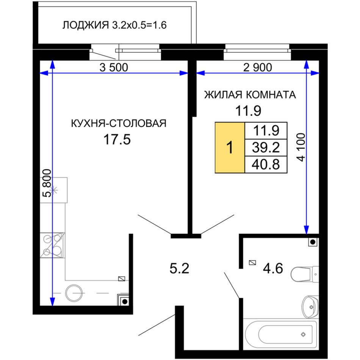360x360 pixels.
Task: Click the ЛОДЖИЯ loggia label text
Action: tap(85, 25)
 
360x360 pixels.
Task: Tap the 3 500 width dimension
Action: tap(114, 67)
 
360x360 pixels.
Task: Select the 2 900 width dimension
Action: tap(257, 67)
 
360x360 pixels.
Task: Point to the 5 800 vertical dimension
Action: tap(47, 183)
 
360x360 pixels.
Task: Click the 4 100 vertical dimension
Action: tap(302, 147)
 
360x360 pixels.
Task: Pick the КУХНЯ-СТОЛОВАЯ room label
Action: tap(119, 124)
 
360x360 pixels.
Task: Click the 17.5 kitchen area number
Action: tap(117, 139)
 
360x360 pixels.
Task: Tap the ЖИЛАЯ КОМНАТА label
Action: tap(250, 95)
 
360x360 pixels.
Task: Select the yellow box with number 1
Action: tap(230, 147)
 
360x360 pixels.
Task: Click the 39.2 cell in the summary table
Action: tap(266, 147)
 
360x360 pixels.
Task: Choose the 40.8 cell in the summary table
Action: tap(266, 164)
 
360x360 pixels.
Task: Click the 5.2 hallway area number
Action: tap(179, 268)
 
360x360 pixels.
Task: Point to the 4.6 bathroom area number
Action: tap(273, 268)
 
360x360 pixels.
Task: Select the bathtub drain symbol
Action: tap(303, 334)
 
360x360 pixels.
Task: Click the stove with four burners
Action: tap(52, 245)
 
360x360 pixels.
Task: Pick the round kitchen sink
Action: tap(74, 293)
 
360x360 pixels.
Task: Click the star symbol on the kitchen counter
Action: tap(55, 190)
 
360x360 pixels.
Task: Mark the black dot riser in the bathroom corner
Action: tap(313, 242)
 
